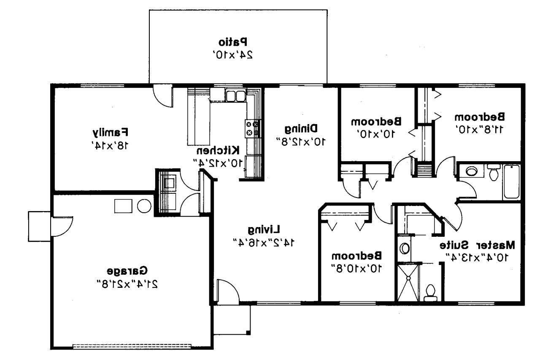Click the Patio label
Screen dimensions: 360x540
click(x=232, y=42)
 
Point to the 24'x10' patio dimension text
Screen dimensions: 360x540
click(x=232, y=54)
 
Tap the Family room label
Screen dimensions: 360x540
click(x=111, y=133)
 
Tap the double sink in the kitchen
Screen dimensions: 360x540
click(x=235, y=96)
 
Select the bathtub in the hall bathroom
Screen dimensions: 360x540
click(x=512, y=182)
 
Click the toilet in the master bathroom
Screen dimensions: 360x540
click(x=430, y=292)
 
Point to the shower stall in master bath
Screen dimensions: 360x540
click(x=408, y=282)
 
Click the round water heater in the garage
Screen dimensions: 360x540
click(x=144, y=206)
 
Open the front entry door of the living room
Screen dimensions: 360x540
click(x=227, y=291)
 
